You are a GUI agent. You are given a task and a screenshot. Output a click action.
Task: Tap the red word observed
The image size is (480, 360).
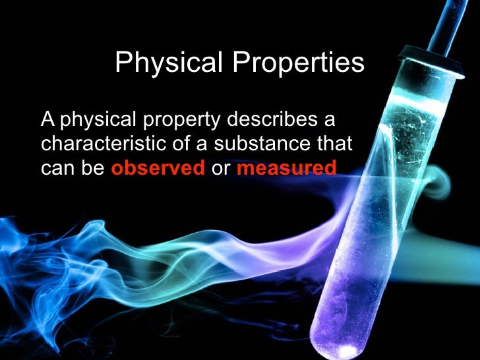pos(158,168)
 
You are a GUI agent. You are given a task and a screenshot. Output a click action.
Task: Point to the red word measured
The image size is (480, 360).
pos(286,168)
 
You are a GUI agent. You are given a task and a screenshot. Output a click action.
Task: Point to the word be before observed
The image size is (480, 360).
pos(94,168)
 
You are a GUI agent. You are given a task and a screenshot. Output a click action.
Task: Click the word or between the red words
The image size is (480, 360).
pos(220,168)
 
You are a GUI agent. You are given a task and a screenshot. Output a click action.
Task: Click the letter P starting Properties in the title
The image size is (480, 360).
pos(237,63)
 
